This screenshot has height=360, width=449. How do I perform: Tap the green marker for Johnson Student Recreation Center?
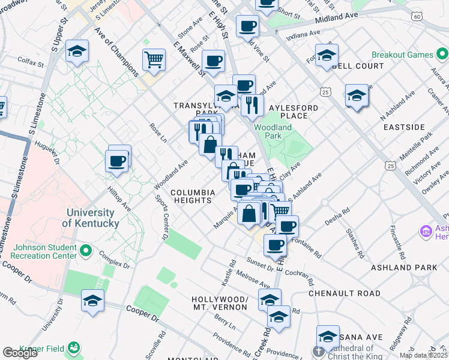coord(85,250)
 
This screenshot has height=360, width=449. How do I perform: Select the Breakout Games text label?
coord(402,55)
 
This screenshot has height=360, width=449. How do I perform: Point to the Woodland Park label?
coord(273,131)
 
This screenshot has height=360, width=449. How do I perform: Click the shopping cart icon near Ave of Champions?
coord(154,61)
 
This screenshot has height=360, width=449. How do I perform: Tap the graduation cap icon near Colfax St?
coord(77,52)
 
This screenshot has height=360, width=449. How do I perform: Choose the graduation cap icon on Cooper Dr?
coord(92,301)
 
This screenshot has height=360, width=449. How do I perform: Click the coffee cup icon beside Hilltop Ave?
coord(116,161)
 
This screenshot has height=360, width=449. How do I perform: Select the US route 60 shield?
coord(417,17)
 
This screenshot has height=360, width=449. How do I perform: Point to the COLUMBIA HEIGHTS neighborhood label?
coord(192,196)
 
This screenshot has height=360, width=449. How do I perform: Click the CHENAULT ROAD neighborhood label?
coord(345,293)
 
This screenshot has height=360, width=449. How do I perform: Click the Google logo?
coord(20,353)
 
